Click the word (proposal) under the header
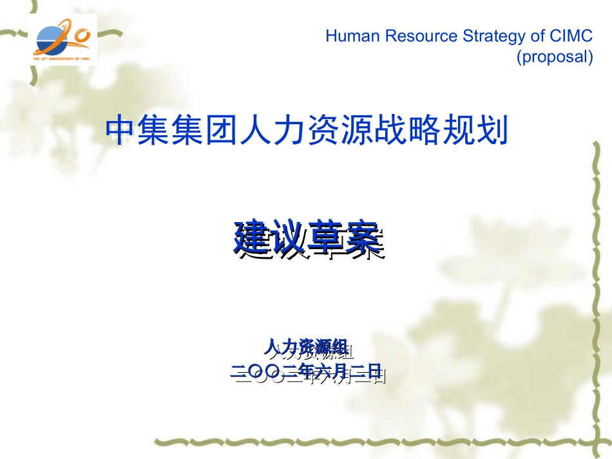(554, 57)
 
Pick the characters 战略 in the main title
(418, 130)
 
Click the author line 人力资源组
(309, 348)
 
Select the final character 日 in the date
(375, 371)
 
